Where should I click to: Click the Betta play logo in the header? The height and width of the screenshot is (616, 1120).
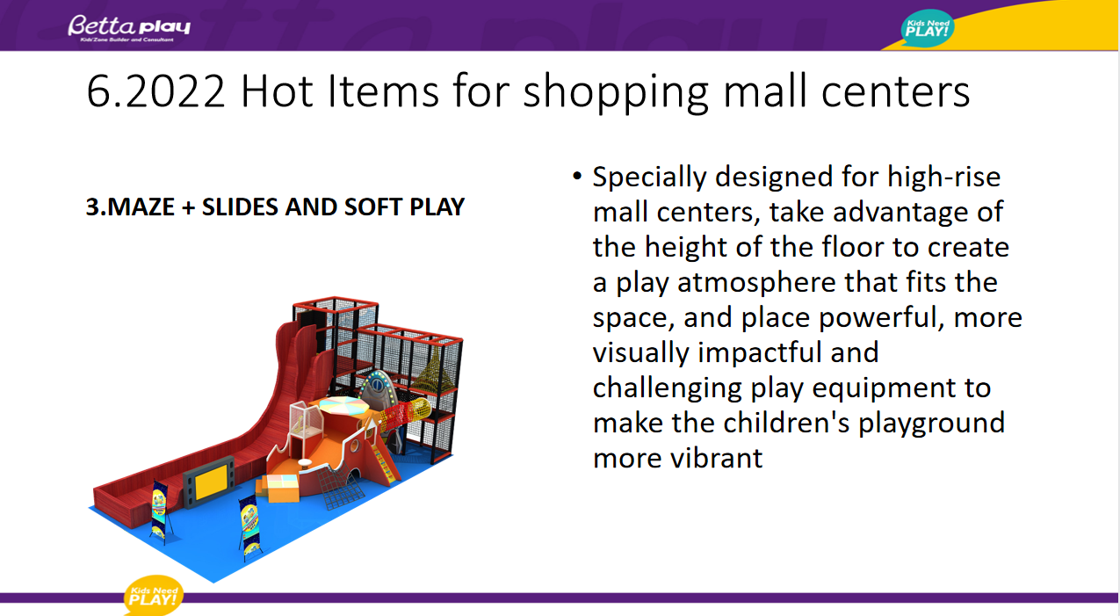[129, 28]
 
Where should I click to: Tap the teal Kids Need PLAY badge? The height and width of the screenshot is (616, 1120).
[928, 28]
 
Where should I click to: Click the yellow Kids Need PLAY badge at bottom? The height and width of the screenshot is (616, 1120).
[153, 596]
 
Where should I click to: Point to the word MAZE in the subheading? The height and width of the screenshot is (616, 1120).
[141, 207]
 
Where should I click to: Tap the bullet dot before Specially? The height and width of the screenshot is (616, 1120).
[577, 176]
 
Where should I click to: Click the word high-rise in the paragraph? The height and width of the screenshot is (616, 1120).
[944, 177]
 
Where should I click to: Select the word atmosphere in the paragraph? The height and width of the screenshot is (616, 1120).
[756, 282]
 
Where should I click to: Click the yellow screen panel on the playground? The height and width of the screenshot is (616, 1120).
[211, 481]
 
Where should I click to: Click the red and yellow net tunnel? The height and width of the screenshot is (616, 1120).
[406, 414]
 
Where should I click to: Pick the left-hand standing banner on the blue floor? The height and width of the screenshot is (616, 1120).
[160, 509]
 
